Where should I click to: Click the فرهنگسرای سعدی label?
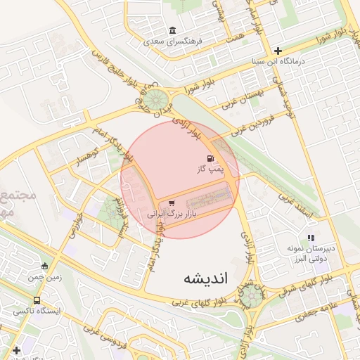click(x=172, y=41)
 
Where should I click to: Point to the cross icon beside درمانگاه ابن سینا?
click(x=278, y=51)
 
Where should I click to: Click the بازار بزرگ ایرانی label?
click(x=169, y=212)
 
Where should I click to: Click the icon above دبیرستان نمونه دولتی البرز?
click(x=311, y=238)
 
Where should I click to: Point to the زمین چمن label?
click(x=46, y=277)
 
